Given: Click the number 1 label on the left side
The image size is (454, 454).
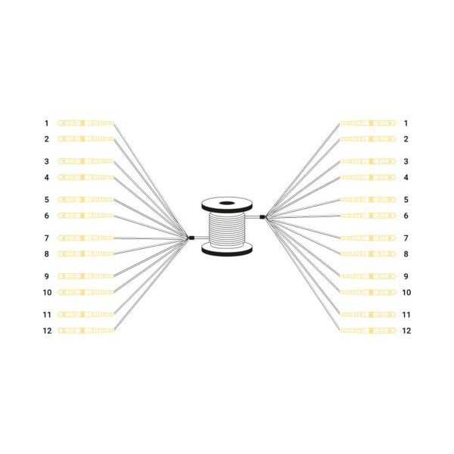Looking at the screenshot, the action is [46, 123].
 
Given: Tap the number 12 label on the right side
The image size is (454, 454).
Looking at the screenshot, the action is [406, 331].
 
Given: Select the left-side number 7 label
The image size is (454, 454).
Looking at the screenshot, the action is [46, 238].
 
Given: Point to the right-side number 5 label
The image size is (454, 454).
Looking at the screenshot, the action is [406, 200].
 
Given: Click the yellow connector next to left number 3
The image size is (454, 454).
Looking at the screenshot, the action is [86, 161].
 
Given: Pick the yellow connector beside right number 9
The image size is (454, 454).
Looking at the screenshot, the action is [368, 276].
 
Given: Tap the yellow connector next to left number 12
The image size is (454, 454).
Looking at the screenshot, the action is [86, 331].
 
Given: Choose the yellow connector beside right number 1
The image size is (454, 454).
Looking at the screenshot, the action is [368, 123].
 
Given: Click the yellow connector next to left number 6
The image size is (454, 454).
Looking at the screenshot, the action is [86, 216].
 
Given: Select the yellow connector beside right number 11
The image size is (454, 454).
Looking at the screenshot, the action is [368, 315].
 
